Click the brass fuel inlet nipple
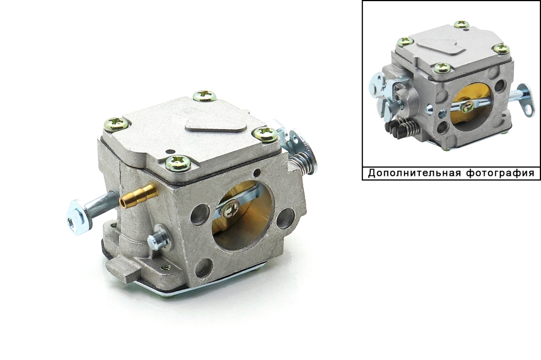click(x=138, y=195)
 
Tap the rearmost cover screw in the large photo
click(x=204, y=96)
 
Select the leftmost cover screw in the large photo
click(x=117, y=123)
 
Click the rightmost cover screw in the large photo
click(x=265, y=134)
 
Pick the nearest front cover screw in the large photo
click(x=178, y=163)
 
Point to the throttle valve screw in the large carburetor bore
click(x=230, y=209)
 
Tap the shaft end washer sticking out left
click(x=78, y=217)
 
